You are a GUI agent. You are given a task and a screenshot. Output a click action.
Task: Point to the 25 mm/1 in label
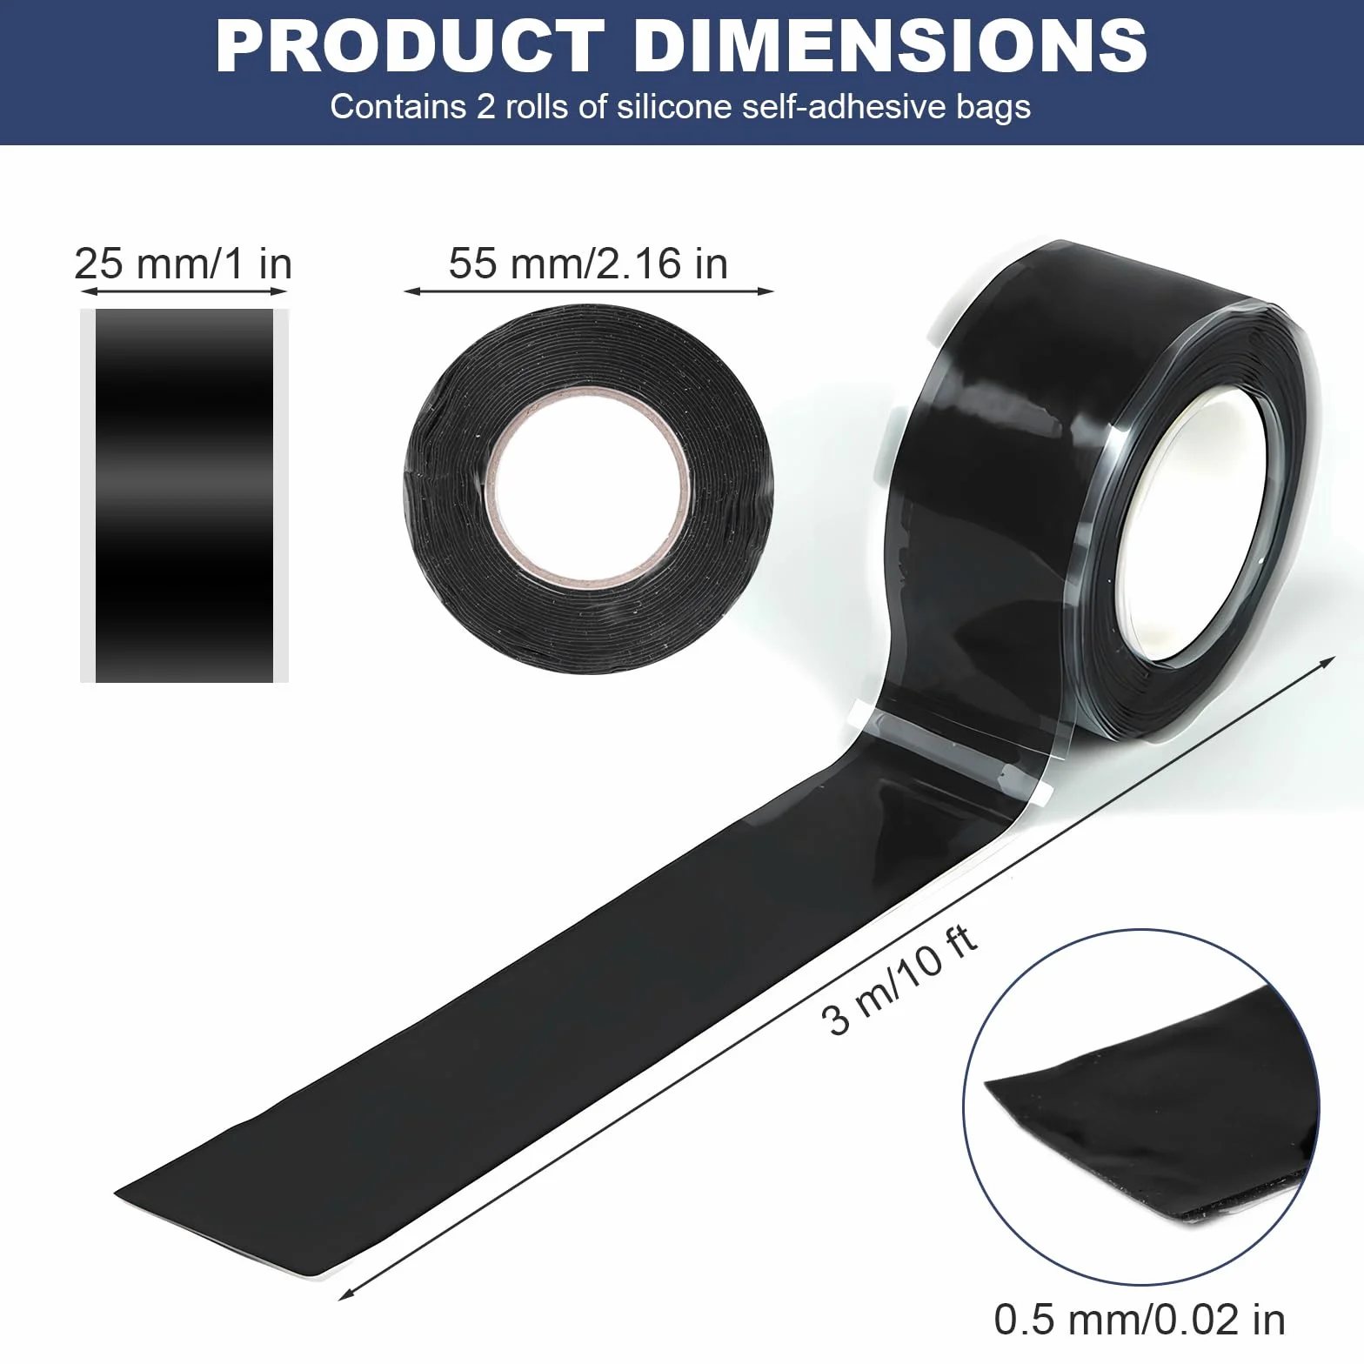pos(184,264)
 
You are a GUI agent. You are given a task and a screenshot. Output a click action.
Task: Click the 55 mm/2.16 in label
pos(588,263)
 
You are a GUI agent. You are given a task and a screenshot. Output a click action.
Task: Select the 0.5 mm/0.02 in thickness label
pos(1140,1319)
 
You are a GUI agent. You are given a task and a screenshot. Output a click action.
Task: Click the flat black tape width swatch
pos(184,495)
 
